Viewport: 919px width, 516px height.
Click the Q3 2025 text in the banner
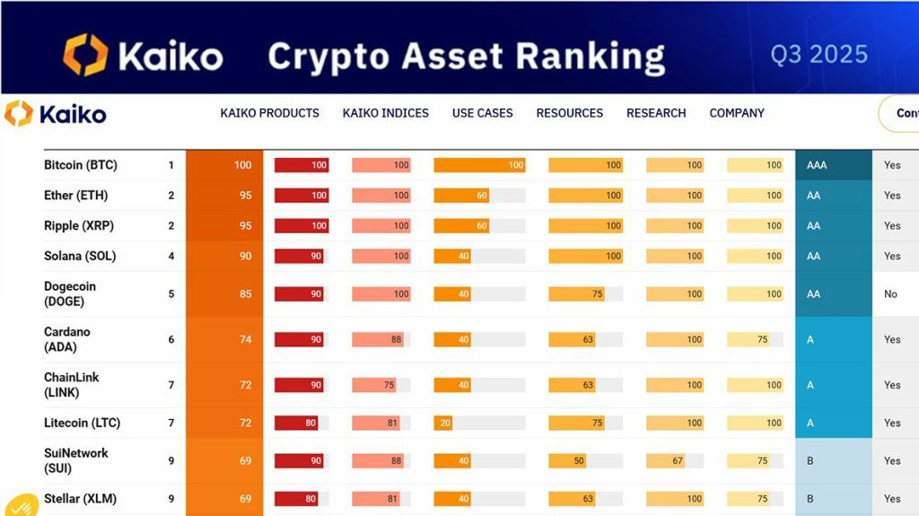click(818, 55)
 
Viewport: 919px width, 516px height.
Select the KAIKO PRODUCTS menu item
click(269, 113)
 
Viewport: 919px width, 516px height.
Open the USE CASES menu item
click(482, 113)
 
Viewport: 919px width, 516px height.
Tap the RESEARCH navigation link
click(656, 113)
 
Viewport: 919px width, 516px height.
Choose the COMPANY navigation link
click(737, 113)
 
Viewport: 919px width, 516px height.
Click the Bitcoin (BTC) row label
click(81, 165)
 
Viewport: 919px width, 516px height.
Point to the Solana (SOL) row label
click(80, 256)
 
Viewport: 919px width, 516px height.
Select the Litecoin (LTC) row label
click(82, 423)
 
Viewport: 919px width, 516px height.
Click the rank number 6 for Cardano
click(171, 339)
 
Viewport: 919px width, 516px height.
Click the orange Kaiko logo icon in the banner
click(85, 55)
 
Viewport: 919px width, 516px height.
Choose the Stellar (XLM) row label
click(80, 499)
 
